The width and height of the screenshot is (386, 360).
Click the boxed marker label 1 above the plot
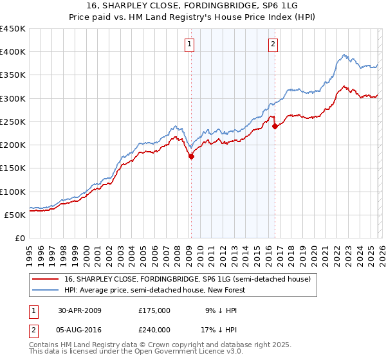[x=190, y=44]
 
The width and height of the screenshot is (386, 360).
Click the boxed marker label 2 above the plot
[x=273, y=44]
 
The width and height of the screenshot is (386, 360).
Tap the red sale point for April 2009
[x=191, y=156]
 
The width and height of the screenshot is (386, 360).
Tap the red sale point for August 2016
[x=275, y=126]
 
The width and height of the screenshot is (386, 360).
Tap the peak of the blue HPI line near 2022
[x=345, y=55]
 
